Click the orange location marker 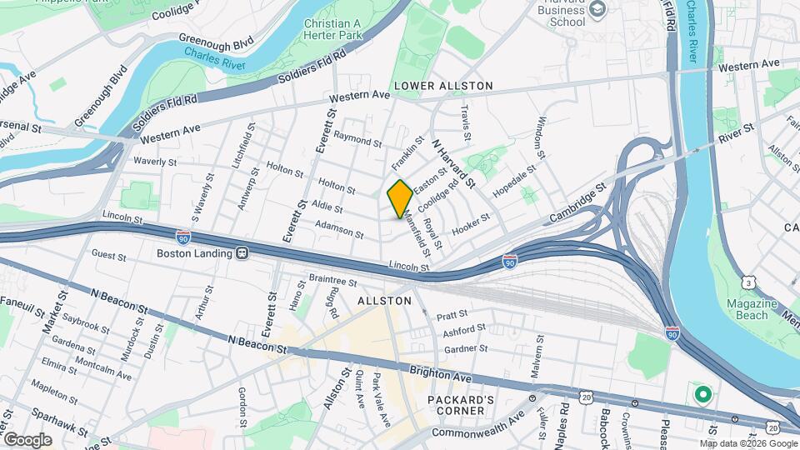(400, 198)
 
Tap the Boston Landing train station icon (242, 252)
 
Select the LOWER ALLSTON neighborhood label (443, 86)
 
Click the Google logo (27, 439)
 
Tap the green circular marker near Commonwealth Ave (702, 393)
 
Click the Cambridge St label (577, 206)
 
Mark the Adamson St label (339, 229)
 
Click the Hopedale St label (514, 182)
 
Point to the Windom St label (540, 137)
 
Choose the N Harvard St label (452, 162)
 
